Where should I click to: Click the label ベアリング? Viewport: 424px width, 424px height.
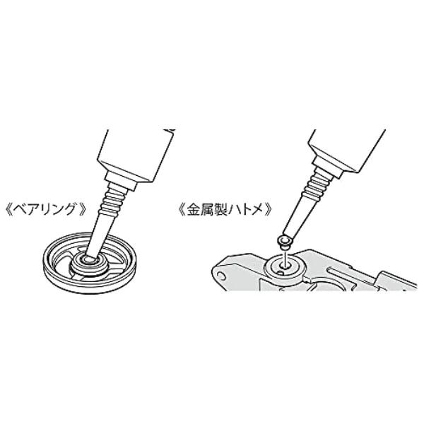[46, 210]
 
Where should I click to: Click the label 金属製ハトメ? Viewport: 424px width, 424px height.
[225, 210]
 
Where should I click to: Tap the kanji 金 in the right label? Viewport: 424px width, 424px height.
[194, 210]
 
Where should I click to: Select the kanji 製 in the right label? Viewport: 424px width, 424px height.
[220, 210]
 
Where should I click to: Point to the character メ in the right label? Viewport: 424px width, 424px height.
[256, 210]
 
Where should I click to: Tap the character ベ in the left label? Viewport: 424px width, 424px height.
[20, 210]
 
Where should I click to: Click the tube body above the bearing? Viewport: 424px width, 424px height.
[136, 154]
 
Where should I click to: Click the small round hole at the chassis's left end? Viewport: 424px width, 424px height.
[221, 276]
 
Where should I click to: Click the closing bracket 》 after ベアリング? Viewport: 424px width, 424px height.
[82, 210]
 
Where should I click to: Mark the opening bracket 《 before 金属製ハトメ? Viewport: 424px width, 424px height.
[182, 210]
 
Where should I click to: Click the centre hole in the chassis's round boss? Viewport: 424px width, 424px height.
[283, 266]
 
